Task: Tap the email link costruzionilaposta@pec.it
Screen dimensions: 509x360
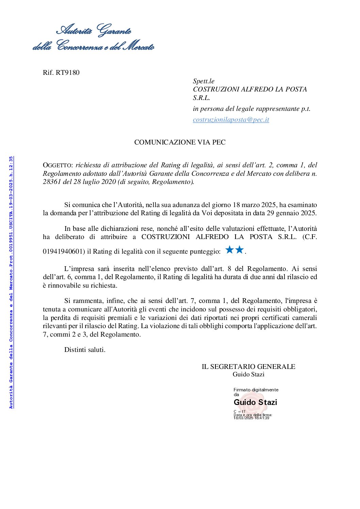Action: click(231, 120)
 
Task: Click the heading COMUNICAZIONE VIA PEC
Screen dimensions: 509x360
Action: click(180, 142)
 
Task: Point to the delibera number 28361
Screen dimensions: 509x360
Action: click(52, 182)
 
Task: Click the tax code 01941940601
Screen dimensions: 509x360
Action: click(63, 252)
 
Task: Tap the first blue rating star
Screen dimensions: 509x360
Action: click(230, 250)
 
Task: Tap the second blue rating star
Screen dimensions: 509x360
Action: click(240, 250)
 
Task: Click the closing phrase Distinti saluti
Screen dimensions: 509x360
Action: click(85, 350)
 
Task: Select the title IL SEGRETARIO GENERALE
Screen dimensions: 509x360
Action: click(248, 367)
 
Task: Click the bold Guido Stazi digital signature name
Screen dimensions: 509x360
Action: click(255, 402)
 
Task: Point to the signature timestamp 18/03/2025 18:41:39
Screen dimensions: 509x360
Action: click(251, 418)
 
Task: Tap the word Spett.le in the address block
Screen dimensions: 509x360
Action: click(203, 81)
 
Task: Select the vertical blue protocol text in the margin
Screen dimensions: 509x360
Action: click(11, 282)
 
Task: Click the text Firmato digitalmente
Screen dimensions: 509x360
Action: click(256, 390)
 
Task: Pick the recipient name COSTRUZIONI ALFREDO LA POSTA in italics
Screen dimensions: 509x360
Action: click(250, 89)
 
